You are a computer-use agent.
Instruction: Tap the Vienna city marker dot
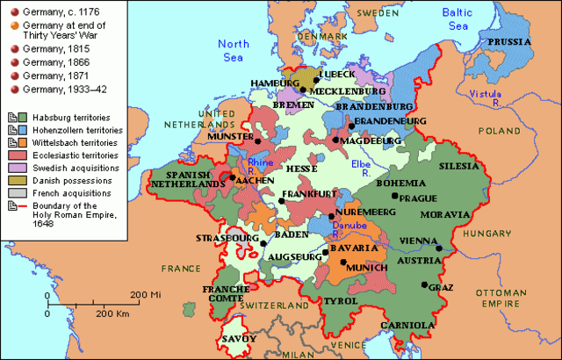coord(440,248)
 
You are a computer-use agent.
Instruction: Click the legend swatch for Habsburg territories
coord(12,116)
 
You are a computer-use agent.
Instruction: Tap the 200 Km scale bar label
coord(112,313)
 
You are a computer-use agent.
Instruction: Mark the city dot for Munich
coord(343,263)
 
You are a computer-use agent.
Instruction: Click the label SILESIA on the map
coord(460,165)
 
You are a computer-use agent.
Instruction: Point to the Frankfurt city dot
coord(282,201)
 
